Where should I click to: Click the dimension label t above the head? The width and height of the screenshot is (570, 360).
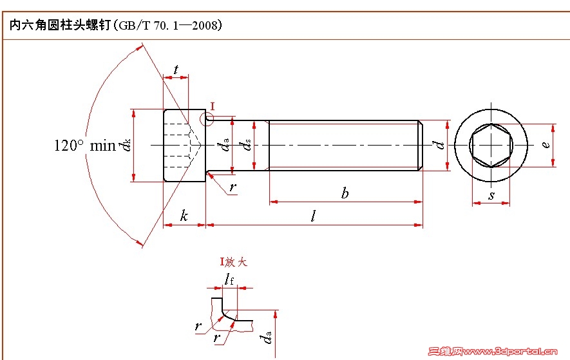point(176,70)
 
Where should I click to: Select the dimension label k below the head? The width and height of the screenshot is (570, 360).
point(184,216)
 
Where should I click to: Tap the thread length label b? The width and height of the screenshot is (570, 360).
point(345,193)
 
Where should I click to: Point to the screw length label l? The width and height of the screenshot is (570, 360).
point(313,216)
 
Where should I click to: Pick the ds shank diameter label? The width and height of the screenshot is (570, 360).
point(247,147)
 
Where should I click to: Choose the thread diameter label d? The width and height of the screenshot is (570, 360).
point(441,145)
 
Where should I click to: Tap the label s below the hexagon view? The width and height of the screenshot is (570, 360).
point(491,194)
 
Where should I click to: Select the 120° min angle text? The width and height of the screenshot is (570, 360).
point(84,146)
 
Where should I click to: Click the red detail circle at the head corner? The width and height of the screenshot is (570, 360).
point(206,119)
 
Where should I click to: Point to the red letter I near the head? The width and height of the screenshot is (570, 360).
point(213,106)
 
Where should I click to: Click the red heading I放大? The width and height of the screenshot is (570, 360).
point(234,262)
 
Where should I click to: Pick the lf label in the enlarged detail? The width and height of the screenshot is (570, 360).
point(230,278)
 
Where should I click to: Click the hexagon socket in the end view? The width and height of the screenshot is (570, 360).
point(491,145)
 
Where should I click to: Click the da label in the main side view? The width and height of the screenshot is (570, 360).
point(225,146)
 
